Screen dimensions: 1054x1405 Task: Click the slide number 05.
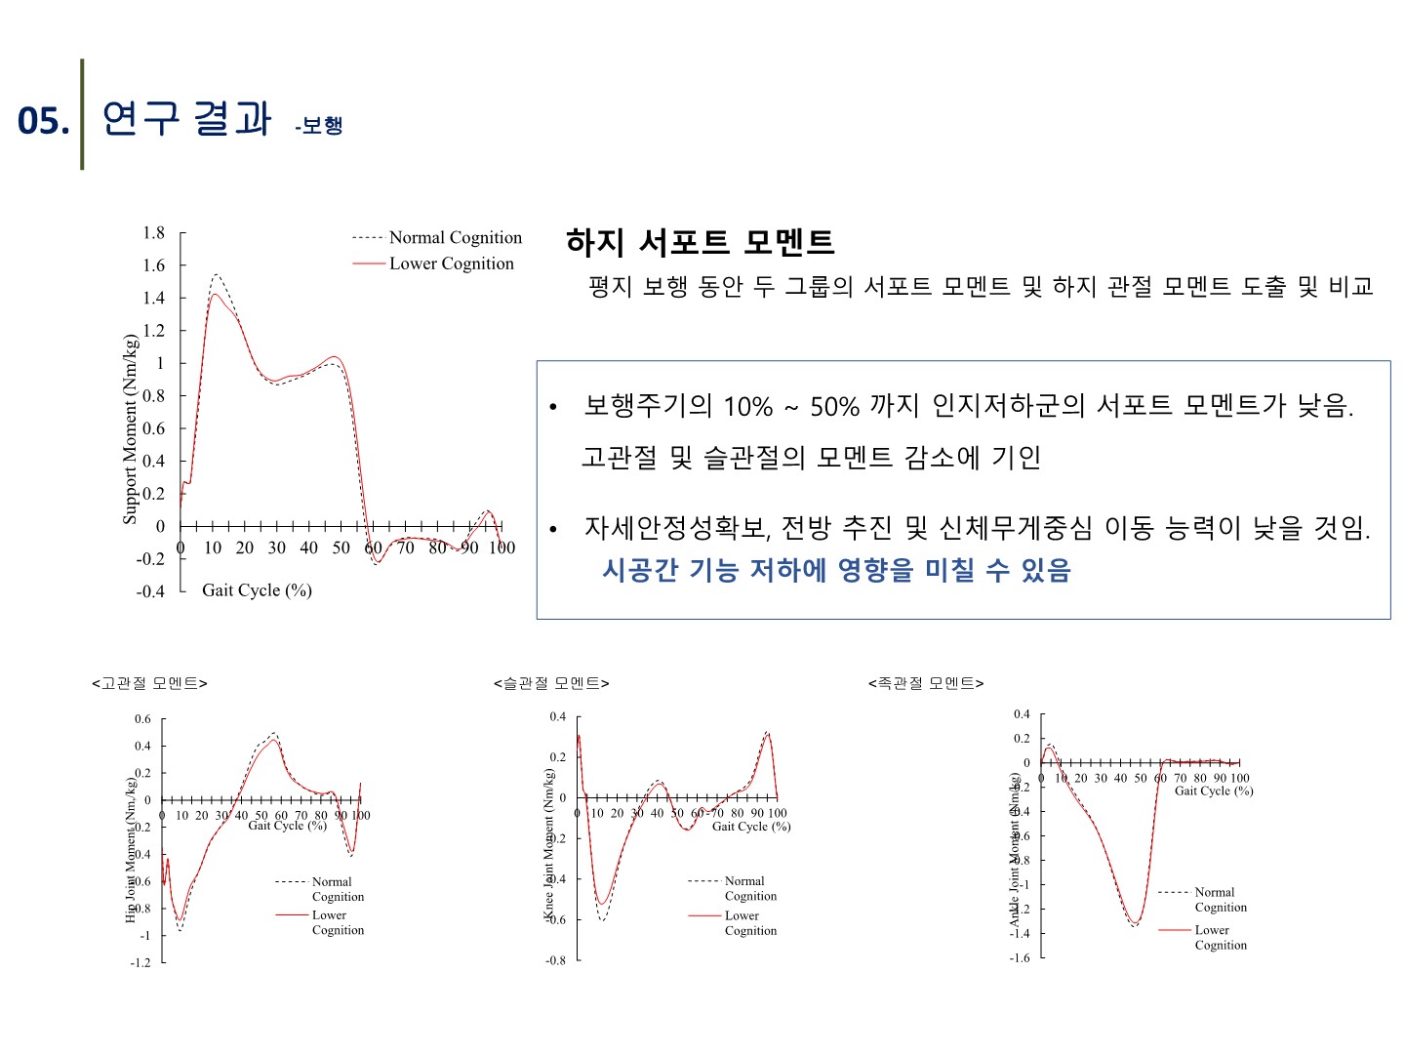(x=43, y=121)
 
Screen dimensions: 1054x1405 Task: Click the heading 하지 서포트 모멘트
(x=700, y=241)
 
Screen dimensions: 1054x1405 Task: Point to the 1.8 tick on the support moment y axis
(x=154, y=232)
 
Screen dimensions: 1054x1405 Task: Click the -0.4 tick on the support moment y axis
(x=150, y=591)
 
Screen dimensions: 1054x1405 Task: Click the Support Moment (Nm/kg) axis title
(x=130, y=429)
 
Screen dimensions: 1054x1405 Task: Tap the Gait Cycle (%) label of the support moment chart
(x=257, y=589)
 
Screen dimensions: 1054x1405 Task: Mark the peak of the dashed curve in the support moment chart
(x=216, y=275)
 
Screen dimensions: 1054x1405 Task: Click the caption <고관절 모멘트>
(x=149, y=683)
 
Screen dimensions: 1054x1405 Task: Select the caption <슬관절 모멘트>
(x=551, y=683)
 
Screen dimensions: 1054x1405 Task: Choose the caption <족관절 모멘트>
(x=926, y=683)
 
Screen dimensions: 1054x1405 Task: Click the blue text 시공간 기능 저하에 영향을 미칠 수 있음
(x=836, y=570)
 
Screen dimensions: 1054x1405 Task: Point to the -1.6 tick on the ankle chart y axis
(x=1020, y=957)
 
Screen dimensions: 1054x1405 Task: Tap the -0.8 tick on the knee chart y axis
(x=555, y=960)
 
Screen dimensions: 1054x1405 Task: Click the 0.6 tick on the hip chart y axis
(x=142, y=719)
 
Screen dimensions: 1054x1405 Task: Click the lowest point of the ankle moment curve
(x=1135, y=925)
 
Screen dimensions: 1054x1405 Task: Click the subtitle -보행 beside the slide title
(x=319, y=126)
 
